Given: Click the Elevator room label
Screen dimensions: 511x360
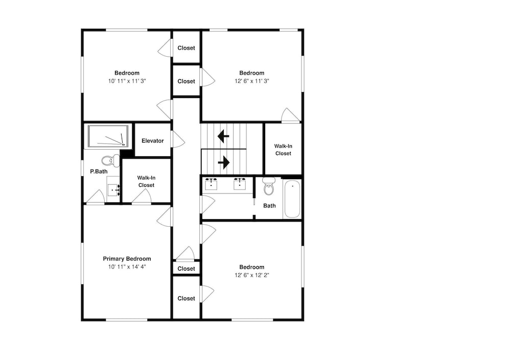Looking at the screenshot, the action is pyautogui.click(x=152, y=141).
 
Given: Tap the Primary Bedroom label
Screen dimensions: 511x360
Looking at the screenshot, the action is pyautogui.click(x=127, y=259).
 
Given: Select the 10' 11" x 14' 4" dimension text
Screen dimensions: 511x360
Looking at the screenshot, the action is pyautogui.click(x=127, y=267).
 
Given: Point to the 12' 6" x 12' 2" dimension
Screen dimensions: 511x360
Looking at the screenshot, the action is pyautogui.click(x=251, y=275).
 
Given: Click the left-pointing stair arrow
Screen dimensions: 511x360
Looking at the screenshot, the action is pyautogui.click(x=223, y=136).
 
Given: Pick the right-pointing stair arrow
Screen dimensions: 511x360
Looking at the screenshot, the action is pyautogui.click(x=224, y=162).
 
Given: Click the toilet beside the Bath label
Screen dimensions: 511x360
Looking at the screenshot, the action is pyautogui.click(x=269, y=186).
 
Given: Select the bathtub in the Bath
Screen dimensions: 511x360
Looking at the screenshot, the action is pyautogui.click(x=292, y=199).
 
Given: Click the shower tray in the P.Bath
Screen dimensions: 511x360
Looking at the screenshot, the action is pyautogui.click(x=108, y=136).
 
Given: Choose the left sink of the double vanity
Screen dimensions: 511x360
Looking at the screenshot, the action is pyautogui.click(x=211, y=184).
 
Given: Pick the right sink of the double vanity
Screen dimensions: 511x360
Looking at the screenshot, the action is pyautogui.click(x=240, y=184).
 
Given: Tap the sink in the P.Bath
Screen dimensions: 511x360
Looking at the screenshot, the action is pyautogui.click(x=114, y=189).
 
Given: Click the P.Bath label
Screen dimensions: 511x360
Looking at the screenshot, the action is pyautogui.click(x=99, y=172).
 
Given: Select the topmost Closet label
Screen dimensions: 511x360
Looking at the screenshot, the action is pyautogui.click(x=186, y=48).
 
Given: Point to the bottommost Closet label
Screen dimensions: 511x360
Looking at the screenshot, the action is pyautogui.click(x=186, y=298).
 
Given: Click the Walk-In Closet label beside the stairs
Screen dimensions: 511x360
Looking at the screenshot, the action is pyautogui.click(x=283, y=150).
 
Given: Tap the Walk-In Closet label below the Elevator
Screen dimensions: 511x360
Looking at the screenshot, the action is pyautogui.click(x=146, y=181).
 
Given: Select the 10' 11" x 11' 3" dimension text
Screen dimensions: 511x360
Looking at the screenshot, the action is pyautogui.click(x=127, y=81).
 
